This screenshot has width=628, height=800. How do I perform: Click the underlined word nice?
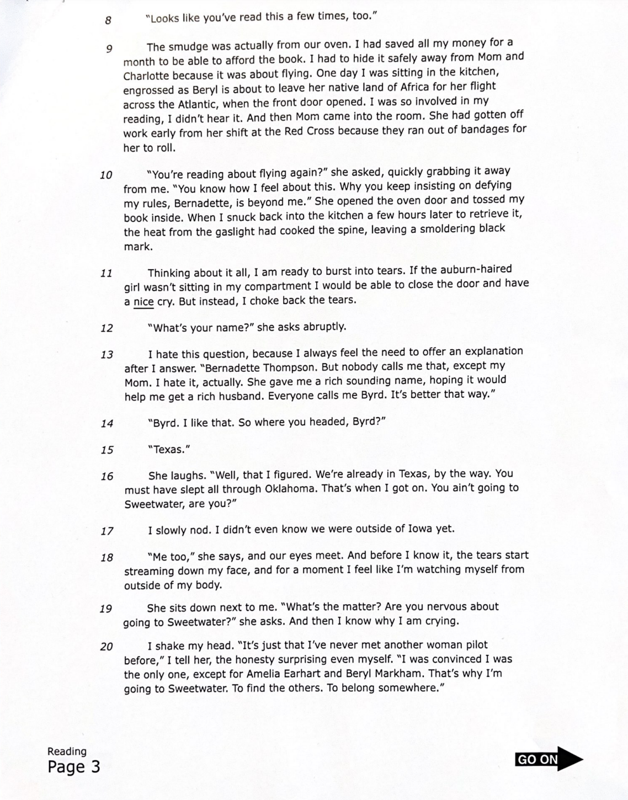143,301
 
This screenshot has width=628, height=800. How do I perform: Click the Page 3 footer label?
74,766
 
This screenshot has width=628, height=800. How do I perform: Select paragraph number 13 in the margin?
107,355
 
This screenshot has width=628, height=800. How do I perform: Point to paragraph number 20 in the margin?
107,646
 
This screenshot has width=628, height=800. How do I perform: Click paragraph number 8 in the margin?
108,20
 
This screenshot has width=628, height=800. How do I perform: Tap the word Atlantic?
198,104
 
